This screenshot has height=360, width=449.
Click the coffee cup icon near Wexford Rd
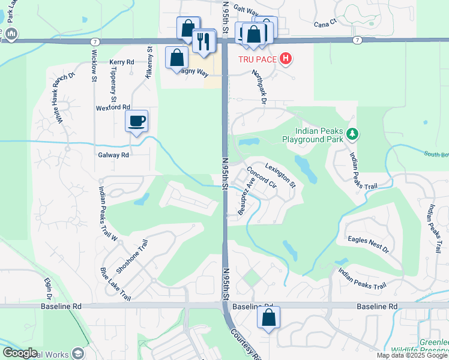[x=136, y=121]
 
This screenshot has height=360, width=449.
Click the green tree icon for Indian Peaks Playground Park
[x=354, y=134]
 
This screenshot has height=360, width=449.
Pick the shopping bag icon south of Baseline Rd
[x=268, y=317]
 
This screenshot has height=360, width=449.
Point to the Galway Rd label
[x=113, y=155]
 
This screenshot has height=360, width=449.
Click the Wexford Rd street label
[x=112, y=108]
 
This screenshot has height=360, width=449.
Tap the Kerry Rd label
[x=121, y=62]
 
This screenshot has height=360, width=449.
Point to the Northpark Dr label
[x=259, y=86]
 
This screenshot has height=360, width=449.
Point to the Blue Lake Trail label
[x=116, y=284]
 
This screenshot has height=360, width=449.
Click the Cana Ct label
[x=327, y=25]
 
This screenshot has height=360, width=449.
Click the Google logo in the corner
[x=20, y=353]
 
